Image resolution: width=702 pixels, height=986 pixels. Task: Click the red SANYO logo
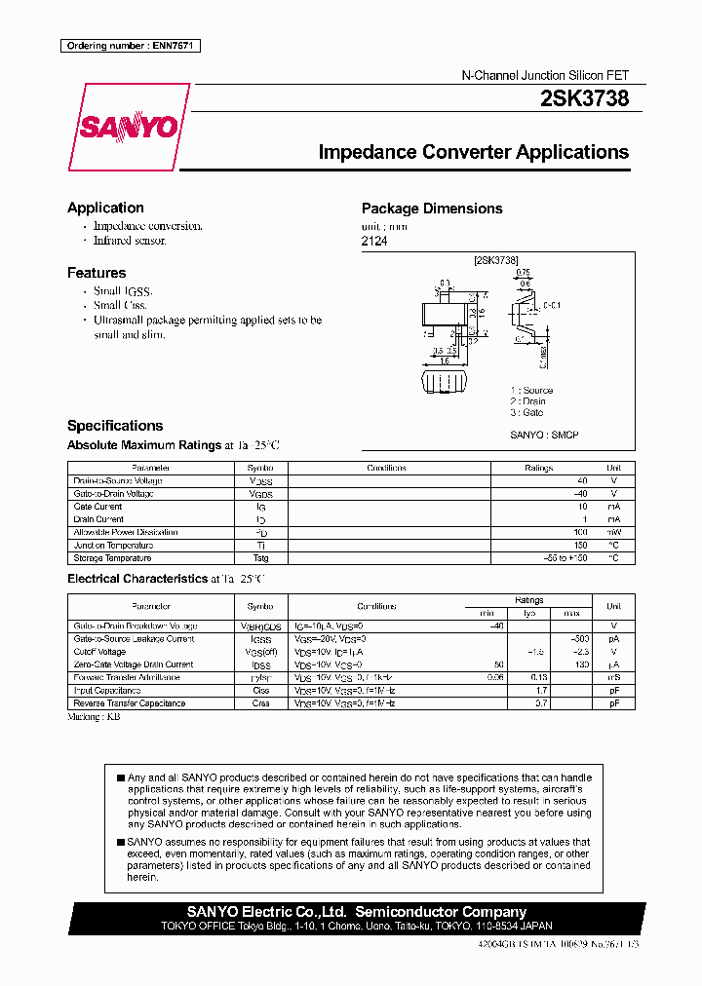coord(128,127)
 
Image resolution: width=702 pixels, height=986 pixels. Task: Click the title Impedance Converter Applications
coord(474,152)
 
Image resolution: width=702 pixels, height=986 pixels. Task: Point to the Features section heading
coord(97,273)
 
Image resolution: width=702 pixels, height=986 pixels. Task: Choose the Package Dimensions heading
coord(432,209)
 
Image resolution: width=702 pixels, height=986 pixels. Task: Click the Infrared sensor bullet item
coord(131,240)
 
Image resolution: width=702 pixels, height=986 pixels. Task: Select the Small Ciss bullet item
coord(120,305)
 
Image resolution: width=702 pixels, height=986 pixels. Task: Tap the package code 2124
coord(374,241)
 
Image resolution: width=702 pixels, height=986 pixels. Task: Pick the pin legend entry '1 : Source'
coord(531,390)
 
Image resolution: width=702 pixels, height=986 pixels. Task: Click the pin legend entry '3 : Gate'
coord(526,413)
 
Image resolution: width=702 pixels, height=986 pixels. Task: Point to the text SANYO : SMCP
coord(544,435)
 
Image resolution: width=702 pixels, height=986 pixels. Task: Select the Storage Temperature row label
coord(112,558)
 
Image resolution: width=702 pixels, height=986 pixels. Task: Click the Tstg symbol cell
coord(260,558)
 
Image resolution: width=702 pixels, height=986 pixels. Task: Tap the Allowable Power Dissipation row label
coord(126,533)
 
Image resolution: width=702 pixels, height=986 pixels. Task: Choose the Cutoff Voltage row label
coord(99,652)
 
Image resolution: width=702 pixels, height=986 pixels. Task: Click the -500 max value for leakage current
coord(582,639)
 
